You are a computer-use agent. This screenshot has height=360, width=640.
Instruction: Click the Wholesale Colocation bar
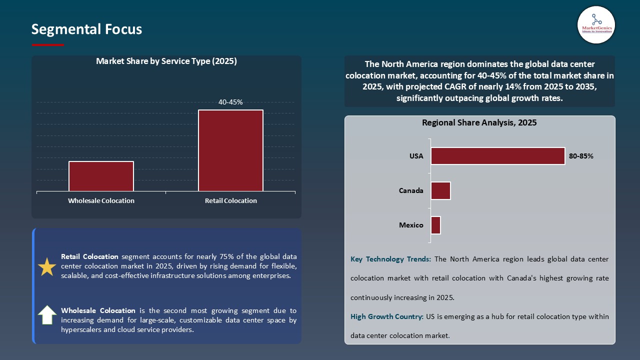[x=101, y=176]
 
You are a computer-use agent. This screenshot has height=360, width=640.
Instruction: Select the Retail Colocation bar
[x=230, y=150]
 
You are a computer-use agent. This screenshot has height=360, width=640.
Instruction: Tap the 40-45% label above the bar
[x=230, y=102]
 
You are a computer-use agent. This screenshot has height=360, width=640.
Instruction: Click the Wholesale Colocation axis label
[x=101, y=200]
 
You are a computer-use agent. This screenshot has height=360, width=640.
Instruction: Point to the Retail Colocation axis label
[x=230, y=200]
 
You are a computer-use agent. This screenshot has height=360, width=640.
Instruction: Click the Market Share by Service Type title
[x=166, y=61]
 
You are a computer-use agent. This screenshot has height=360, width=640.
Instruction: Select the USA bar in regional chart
[x=497, y=156]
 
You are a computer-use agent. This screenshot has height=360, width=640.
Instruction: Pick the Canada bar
[x=440, y=190]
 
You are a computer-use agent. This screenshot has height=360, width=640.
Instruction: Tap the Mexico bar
[x=435, y=225]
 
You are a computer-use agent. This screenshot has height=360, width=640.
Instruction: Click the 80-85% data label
[x=581, y=156]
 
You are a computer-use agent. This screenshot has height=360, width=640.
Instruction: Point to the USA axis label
[x=416, y=156]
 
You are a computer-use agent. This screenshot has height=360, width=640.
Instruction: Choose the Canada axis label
[x=411, y=190]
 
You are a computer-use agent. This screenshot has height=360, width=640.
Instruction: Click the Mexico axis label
[x=411, y=225]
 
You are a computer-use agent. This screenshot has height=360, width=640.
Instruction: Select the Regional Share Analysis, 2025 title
[x=479, y=122]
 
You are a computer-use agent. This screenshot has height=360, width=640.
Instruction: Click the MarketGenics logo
[x=596, y=24]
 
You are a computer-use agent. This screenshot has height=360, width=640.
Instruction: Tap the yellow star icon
[x=47, y=267]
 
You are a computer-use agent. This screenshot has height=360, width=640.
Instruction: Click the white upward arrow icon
[x=47, y=315]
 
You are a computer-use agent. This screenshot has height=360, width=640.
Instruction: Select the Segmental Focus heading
[x=86, y=29]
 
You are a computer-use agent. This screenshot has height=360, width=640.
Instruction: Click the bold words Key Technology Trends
[x=390, y=259]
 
